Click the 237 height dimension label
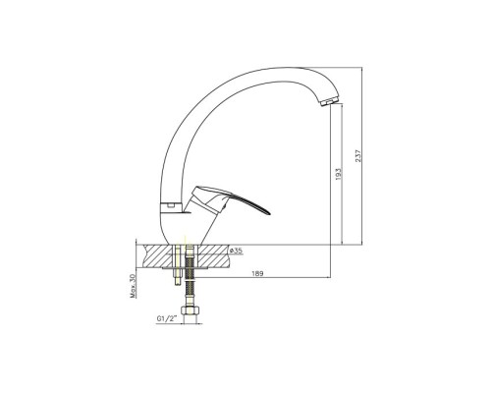point(358,156)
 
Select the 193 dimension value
point(338,174)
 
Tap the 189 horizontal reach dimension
point(257,273)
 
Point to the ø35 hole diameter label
point(236,251)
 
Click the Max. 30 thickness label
point(133,286)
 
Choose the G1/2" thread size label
point(167,318)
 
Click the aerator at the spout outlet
point(331,101)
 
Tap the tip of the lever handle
point(270,214)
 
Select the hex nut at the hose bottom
point(190,310)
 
